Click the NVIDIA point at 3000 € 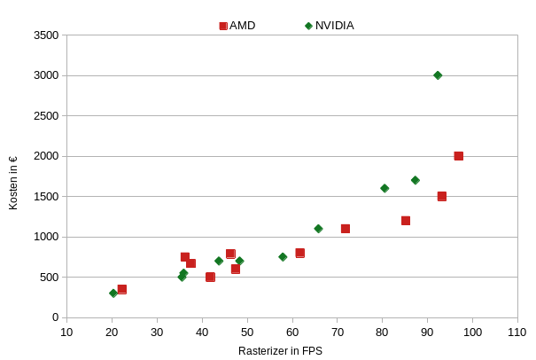pos(438,75)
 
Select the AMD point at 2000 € pos(459,156)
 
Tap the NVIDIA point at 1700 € pos(415,180)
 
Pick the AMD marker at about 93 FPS pos(442,196)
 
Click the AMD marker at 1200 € pos(406,221)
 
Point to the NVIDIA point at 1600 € pos(385,188)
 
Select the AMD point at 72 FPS pos(346,229)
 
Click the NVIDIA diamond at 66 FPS pos(318,229)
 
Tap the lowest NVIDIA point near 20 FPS pos(113,293)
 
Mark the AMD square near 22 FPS pos(121,289)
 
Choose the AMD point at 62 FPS pos(300,253)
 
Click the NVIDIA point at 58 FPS pos(283,257)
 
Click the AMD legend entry pos(237,26)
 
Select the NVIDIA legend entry pos(330,26)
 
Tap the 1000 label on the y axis pos(45,237)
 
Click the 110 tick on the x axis pos(518,333)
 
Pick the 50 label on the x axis pos(247,333)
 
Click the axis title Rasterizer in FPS pos(280,351)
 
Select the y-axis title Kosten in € pos(13,184)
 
